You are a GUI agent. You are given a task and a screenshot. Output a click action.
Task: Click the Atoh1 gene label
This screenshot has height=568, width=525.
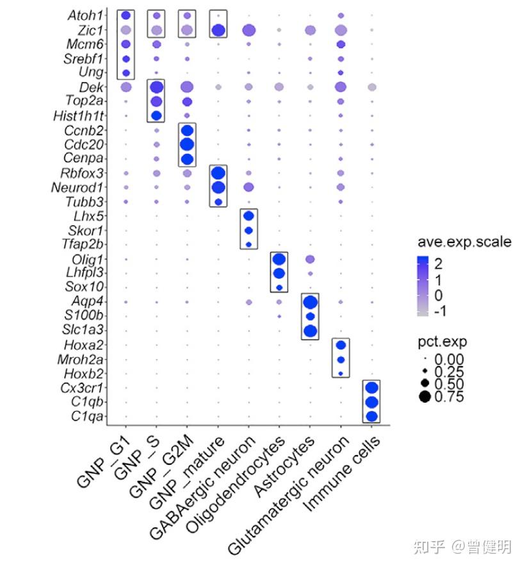(85, 15)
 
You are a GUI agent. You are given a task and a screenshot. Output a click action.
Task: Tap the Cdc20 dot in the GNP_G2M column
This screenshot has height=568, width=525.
(187, 144)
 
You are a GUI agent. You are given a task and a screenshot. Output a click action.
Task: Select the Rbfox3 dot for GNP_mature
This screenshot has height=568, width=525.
(218, 173)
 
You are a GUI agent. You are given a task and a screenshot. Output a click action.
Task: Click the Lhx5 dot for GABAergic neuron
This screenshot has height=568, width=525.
(248, 216)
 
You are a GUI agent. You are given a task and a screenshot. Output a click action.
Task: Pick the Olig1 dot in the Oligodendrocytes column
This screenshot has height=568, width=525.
(279, 260)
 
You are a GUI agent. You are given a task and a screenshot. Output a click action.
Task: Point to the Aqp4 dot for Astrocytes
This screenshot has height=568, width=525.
(310, 302)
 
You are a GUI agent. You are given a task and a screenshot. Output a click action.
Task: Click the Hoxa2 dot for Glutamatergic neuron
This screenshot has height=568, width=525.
(341, 345)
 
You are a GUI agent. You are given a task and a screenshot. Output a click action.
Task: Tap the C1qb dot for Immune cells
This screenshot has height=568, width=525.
(371, 402)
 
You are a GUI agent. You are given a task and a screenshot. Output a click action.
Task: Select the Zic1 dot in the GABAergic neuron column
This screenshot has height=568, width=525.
(249, 30)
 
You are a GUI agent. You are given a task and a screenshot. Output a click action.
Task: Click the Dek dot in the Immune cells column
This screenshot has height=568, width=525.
(372, 87)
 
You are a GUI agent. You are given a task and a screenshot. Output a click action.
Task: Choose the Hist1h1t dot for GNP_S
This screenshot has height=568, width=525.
(156, 115)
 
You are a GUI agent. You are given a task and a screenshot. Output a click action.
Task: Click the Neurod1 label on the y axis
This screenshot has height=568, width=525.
(77, 188)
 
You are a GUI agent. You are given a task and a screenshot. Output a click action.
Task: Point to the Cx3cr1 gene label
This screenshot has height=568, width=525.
(82, 388)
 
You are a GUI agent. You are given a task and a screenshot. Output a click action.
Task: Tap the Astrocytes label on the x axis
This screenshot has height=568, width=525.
(284, 466)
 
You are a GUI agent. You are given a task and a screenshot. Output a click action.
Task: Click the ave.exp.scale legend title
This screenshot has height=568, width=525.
(465, 242)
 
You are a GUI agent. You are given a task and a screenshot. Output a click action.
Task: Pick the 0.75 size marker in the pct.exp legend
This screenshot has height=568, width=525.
(424, 396)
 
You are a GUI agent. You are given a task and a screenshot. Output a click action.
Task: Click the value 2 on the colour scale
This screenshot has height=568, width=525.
(438, 263)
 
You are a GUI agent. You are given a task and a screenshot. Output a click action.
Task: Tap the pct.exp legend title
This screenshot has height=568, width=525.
(442, 342)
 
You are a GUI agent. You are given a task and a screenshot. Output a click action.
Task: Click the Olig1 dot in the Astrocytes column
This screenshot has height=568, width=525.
(310, 260)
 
